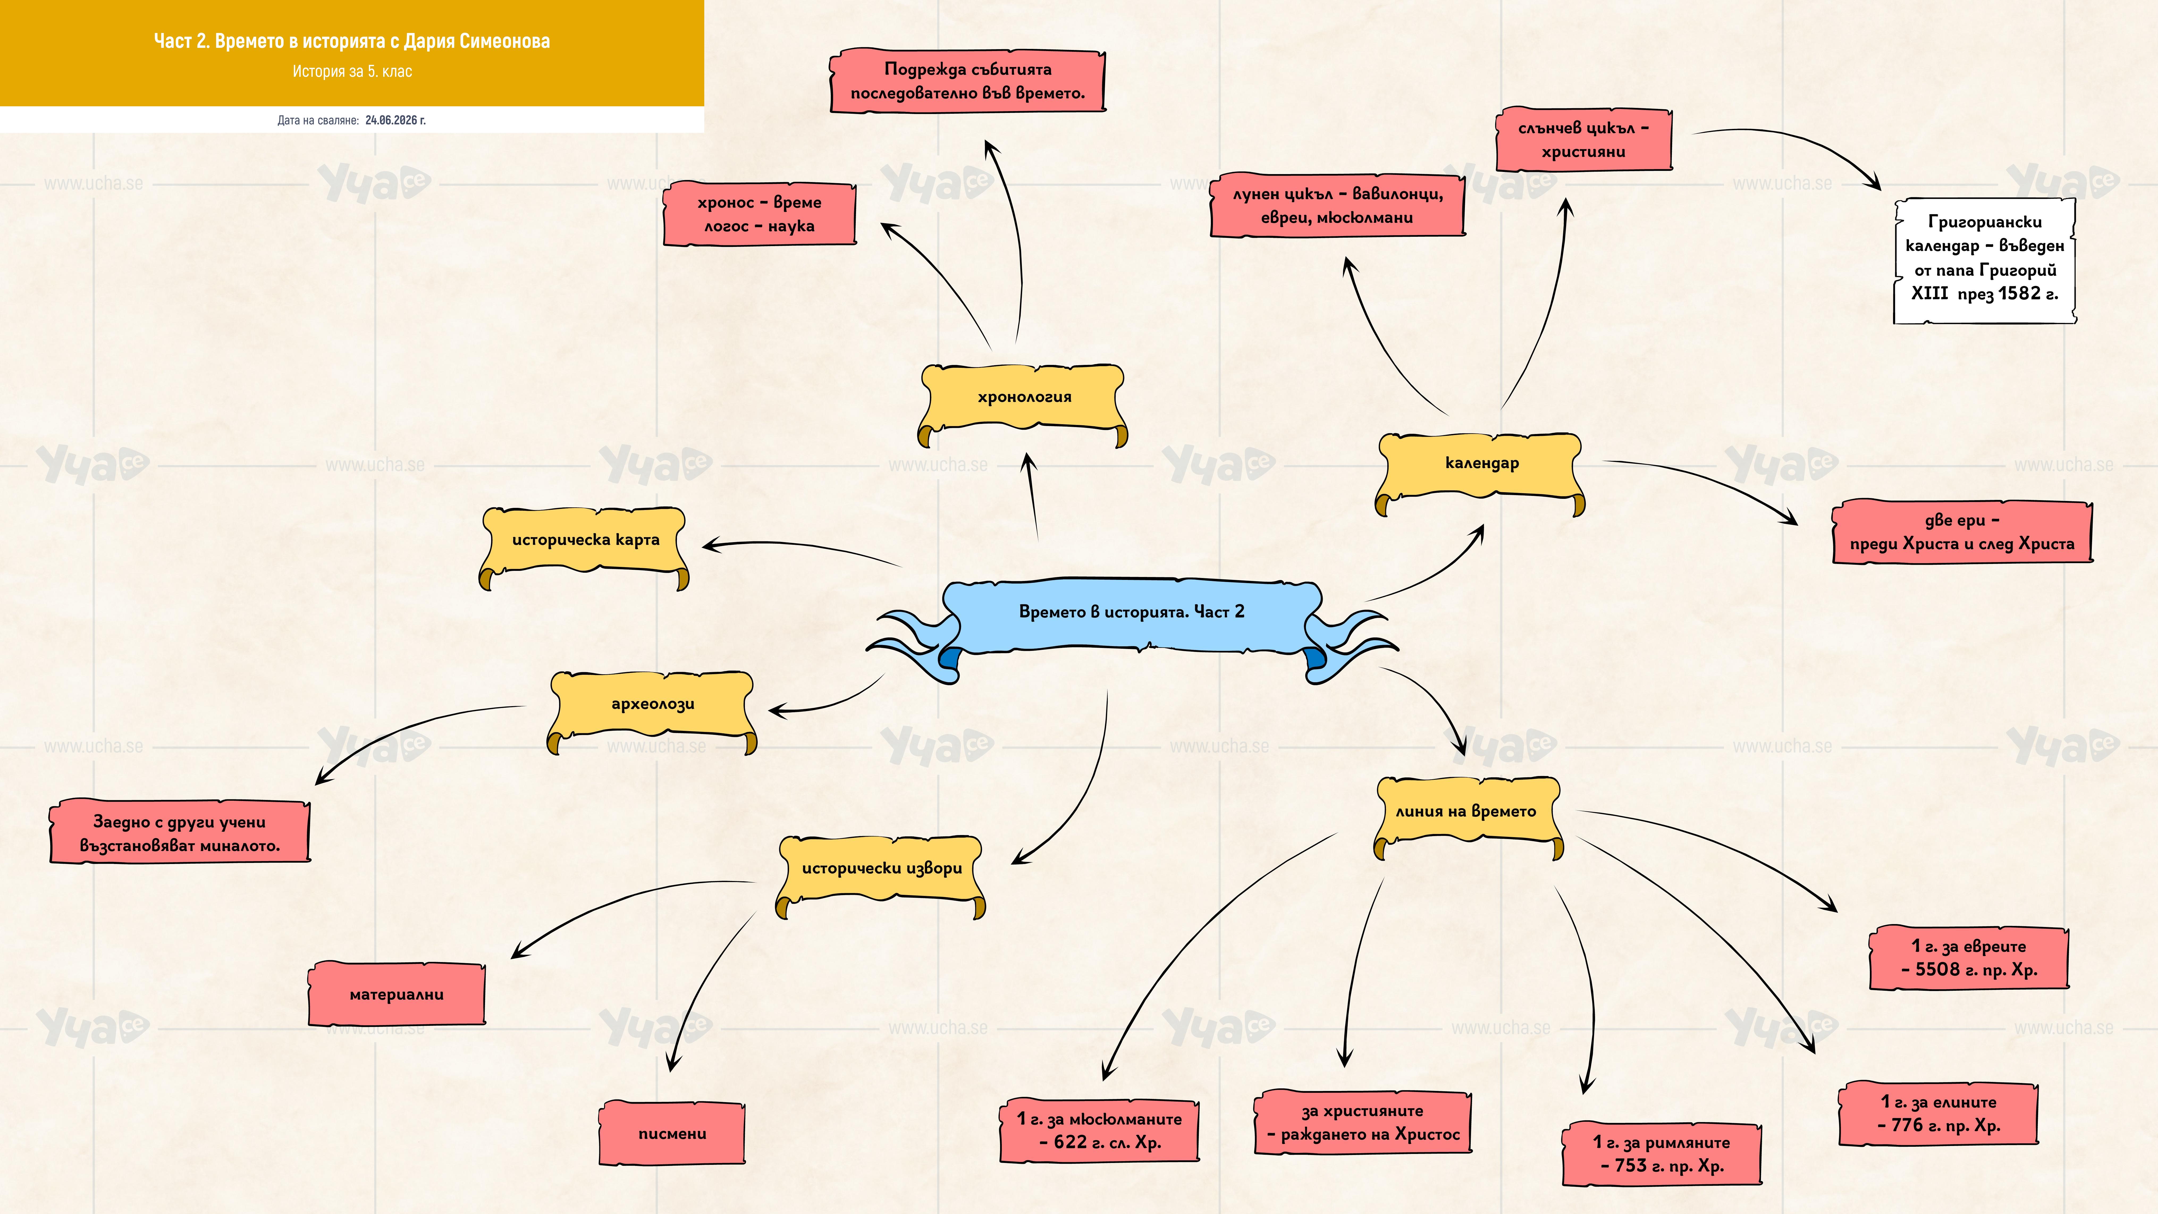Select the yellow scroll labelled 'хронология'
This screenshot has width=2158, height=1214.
tap(1024, 402)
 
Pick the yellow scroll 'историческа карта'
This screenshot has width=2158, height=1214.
tap(585, 545)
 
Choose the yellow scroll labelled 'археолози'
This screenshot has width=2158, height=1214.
tap(653, 709)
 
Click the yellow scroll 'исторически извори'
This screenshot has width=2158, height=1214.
tap(881, 873)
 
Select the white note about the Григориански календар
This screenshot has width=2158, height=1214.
tap(1985, 260)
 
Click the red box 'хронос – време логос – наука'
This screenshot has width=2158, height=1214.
tap(759, 214)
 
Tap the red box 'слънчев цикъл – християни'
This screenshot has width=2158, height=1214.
tap(1583, 139)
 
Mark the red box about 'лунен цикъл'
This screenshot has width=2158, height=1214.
tap(1338, 205)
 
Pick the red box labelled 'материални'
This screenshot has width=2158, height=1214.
tap(396, 994)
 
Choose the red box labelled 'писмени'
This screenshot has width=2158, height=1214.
tap(672, 1133)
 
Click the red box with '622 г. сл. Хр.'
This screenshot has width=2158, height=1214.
tap(1099, 1131)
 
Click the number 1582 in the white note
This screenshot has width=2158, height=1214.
tap(2019, 293)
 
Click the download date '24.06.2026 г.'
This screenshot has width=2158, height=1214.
tap(395, 120)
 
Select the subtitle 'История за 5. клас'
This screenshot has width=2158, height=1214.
tap(352, 71)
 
